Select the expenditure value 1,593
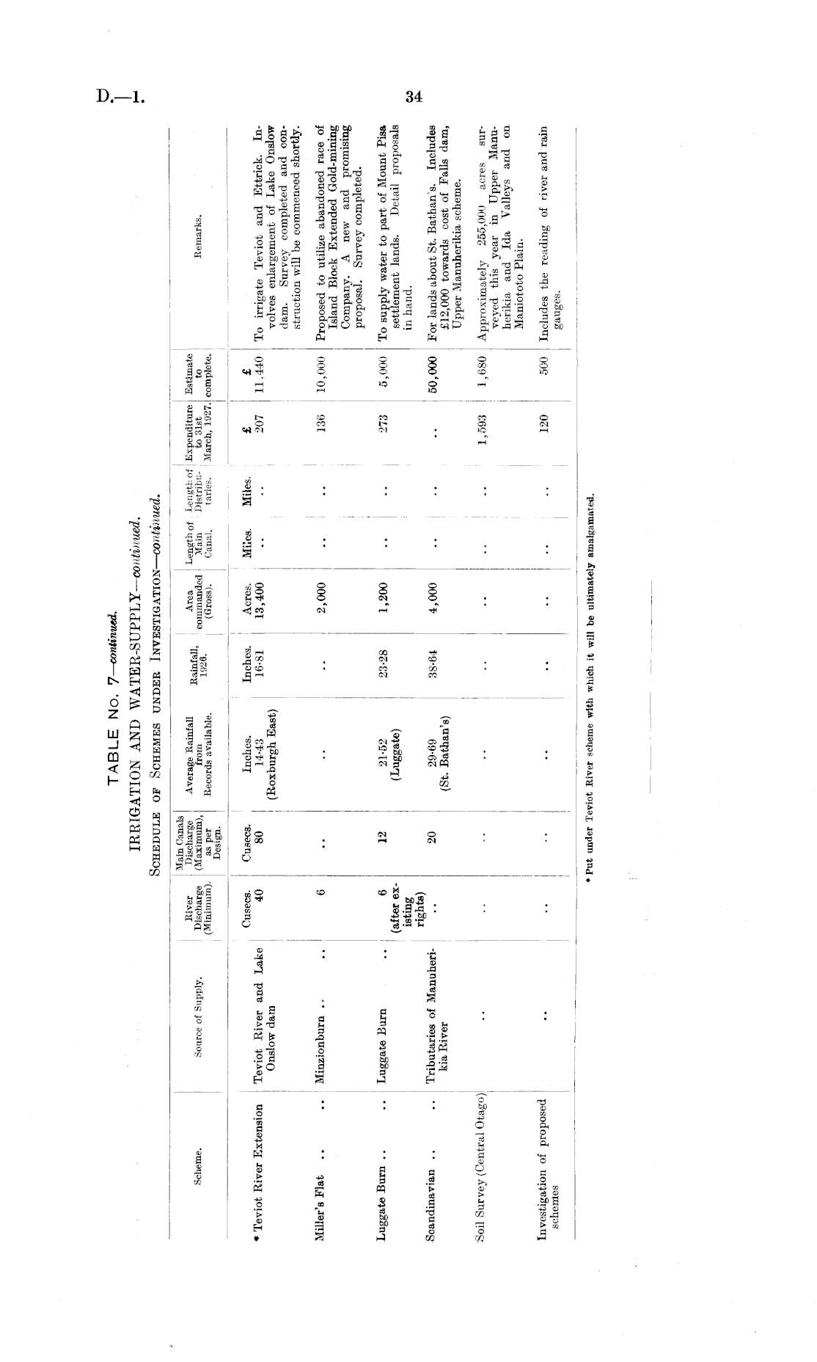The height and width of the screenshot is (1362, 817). point(484,423)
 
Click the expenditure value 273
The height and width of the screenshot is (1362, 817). point(384,423)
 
